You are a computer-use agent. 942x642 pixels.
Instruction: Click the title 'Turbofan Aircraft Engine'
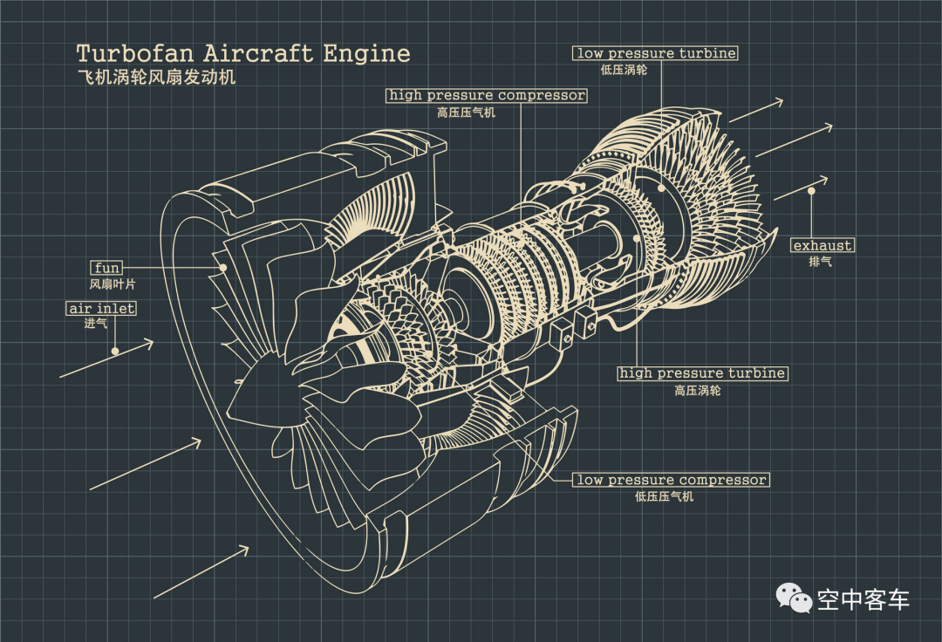point(242,53)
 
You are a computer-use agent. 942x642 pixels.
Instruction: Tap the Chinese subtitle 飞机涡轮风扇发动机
point(156,77)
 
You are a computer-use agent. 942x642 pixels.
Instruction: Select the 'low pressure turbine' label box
point(656,53)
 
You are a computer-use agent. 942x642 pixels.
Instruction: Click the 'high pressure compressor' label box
point(487,95)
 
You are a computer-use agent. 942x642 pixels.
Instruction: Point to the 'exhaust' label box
point(823,245)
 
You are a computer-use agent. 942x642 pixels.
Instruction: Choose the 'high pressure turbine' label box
point(702,373)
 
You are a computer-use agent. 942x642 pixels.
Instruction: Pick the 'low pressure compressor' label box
point(671,480)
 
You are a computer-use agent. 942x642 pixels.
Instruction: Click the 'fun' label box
point(106,267)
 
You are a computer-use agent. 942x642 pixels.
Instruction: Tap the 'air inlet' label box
point(102,308)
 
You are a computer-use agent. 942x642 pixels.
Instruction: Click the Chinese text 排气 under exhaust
point(820,262)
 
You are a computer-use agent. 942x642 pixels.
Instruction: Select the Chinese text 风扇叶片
point(113,283)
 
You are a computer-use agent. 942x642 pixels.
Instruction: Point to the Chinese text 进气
point(96,324)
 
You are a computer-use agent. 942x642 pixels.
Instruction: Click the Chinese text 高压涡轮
point(698,391)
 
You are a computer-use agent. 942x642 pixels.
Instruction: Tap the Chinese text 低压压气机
point(665,496)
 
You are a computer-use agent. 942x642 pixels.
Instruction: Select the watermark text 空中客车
point(863,599)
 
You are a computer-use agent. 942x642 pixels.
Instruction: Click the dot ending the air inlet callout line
point(115,351)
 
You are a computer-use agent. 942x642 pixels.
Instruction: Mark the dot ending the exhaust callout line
point(811,190)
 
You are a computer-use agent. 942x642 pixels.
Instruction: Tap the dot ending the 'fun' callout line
point(223,268)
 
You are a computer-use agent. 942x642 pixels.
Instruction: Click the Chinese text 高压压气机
point(466,113)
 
